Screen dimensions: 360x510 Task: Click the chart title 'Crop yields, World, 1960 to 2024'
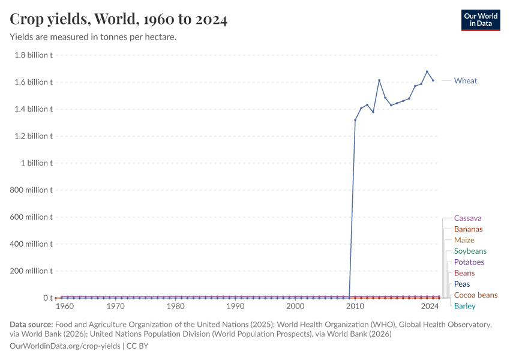118,19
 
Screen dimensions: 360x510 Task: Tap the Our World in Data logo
480,20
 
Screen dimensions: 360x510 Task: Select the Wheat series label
466,80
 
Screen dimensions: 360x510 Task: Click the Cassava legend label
467,218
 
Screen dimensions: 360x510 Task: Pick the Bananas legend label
468,229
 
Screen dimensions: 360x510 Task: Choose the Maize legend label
464,240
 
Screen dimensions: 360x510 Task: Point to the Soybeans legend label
470,251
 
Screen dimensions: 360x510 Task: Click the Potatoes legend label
469,262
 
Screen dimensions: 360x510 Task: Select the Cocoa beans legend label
475,295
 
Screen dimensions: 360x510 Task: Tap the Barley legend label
464,306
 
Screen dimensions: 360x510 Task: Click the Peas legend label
462,284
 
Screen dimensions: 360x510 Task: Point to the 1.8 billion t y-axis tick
33,55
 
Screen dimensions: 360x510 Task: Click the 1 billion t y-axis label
37,163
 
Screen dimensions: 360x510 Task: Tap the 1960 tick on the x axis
64,307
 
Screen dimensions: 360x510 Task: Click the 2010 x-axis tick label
355,307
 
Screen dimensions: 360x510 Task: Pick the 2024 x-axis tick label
430,307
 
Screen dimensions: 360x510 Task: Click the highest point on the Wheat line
427,71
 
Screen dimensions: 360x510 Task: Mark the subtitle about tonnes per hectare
92,37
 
